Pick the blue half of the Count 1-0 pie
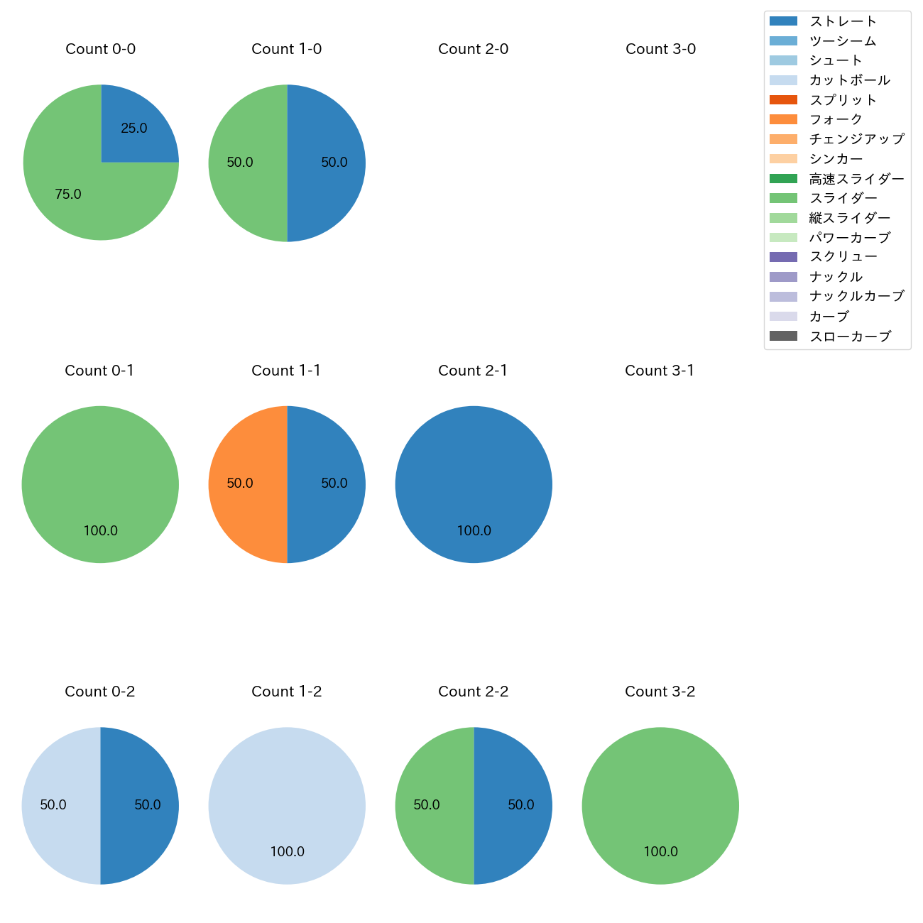(x=330, y=163)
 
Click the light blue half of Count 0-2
(x=57, y=806)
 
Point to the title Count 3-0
(x=660, y=49)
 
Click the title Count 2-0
(x=473, y=49)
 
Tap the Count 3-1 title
(x=660, y=371)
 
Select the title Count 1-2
(x=287, y=692)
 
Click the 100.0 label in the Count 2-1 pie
(x=474, y=531)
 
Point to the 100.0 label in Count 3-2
(x=660, y=852)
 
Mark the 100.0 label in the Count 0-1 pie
(x=100, y=531)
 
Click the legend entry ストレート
(x=843, y=21)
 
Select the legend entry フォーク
(x=836, y=119)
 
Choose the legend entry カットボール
(x=849, y=80)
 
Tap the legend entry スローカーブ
(x=850, y=337)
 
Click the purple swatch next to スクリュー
(x=783, y=257)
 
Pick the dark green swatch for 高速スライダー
(x=783, y=179)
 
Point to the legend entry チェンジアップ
(x=856, y=139)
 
